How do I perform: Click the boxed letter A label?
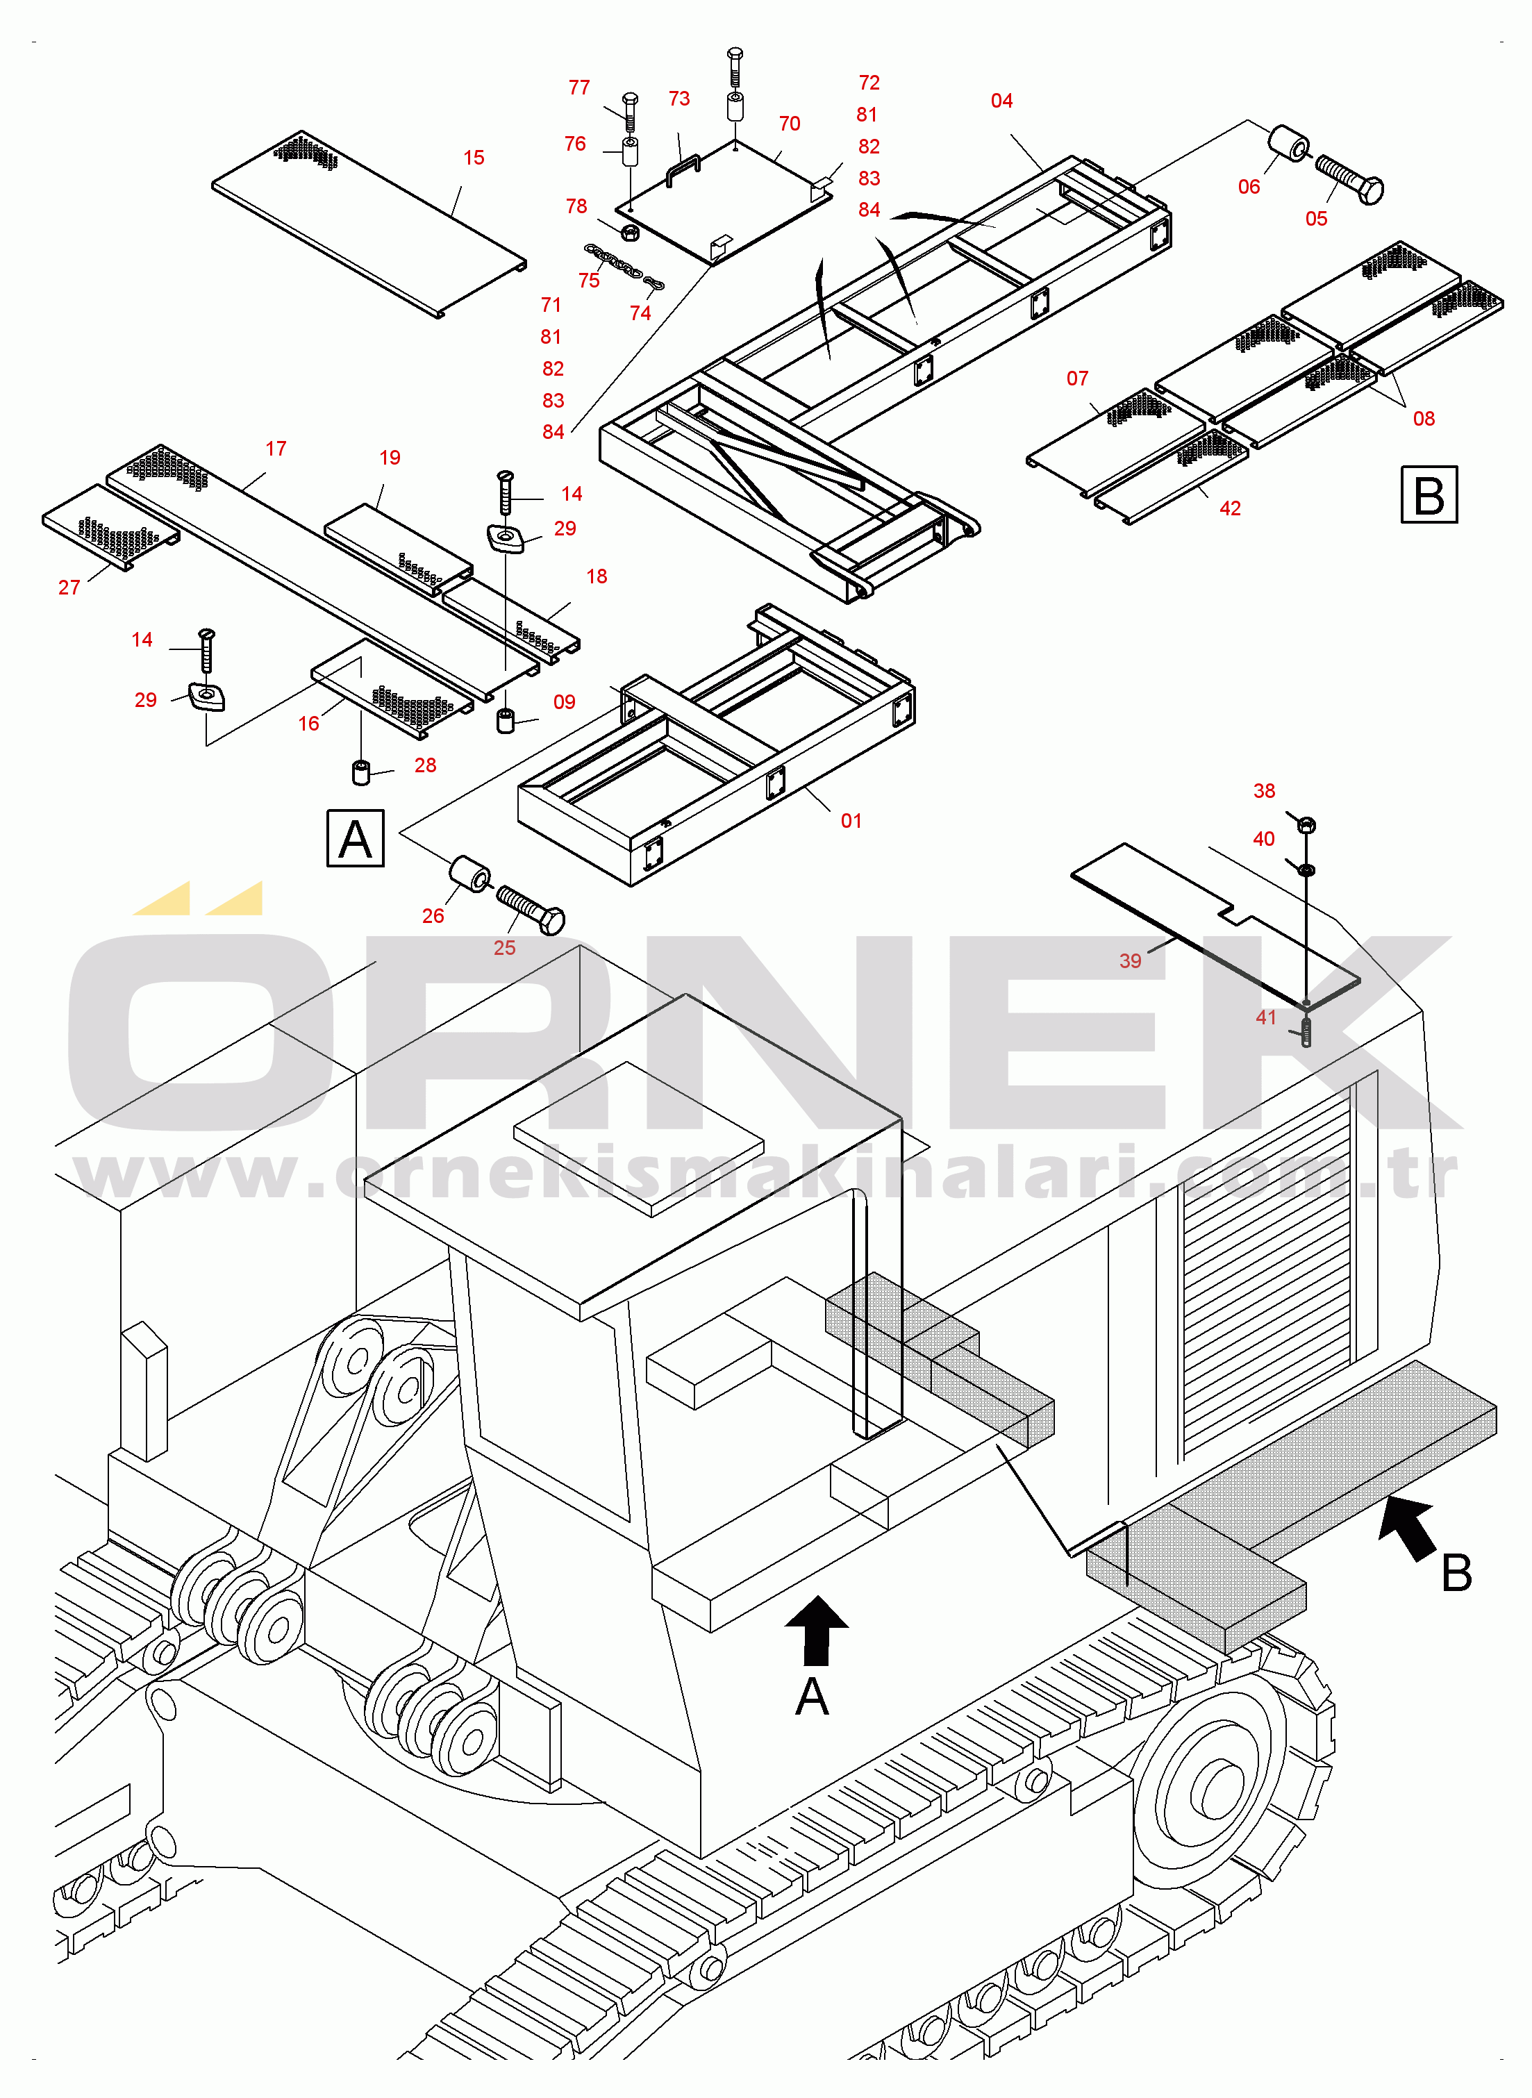pyautogui.click(x=355, y=839)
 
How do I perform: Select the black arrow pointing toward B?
pyautogui.click(x=1408, y=1528)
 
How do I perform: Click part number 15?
pyautogui.click(x=474, y=158)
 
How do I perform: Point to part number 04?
pyautogui.click(x=1001, y=101)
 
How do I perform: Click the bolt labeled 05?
pyautogui.click(x=1349, y=179)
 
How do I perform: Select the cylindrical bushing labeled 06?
pyautogui.click(x=1289, y=143)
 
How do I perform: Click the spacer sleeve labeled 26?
pyautogui.click(x=470, y=874)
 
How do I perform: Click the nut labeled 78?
pyautogui.click(x=628, y=231)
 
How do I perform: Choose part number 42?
pyautogui.click(x=1230, y=509)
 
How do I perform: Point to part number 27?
pyautogui.click(x=69, y=588)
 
